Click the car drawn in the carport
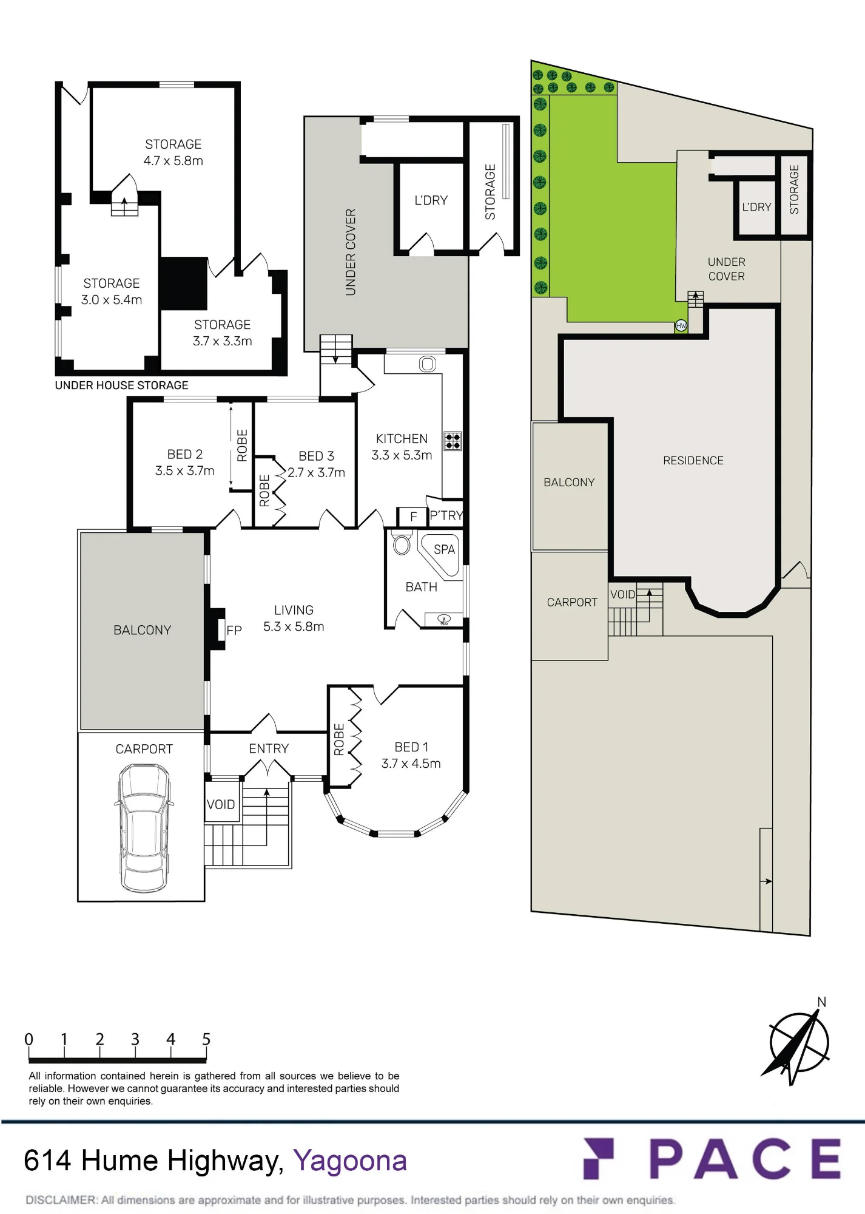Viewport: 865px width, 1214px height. pyautogui.click(x=143, y=827)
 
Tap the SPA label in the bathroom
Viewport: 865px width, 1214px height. pyautogui.click(x=444, y=549)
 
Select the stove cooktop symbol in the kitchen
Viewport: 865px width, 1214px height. pyautogui.click(x=453, y=441)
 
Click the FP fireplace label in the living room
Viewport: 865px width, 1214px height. pyautogui.click(x=234, y=630)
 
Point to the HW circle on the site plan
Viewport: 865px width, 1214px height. pyautogui.click(x=681, y=326)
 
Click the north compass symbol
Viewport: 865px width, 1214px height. pyautogui.click(x=798, y=1042)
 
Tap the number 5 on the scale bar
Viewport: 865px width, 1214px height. pyautogui.click(x=206, y=1039)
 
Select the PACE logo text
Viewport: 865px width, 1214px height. pyautogui.click(x=745, y=1158)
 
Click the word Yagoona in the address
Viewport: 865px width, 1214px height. pyautogui.click(x=350, y=1161)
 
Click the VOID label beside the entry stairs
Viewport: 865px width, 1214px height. pyautogui.click(x=221, y=804)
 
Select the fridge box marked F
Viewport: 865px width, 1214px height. pyautogui.click(x=412, y=517)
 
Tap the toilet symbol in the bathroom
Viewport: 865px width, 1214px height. pyautogui.click(x=401, y=543)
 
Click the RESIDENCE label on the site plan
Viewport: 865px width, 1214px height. pyautogui.click(x=693, y=461)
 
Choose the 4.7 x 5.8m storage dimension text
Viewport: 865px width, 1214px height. pyautogui.click(x=173, y=161)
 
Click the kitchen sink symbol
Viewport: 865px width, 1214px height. pyautogui.click(x=427, y=364)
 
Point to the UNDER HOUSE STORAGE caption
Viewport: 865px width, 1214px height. pyautogui.click(x=121, y=385)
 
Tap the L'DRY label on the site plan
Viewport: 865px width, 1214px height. pyautogui.click(x=756, y=207)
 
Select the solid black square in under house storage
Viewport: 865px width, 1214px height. pyautogui.click(x=184, y=283)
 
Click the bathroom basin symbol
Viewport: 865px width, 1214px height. pyautogui.click(x=443, y=620)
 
